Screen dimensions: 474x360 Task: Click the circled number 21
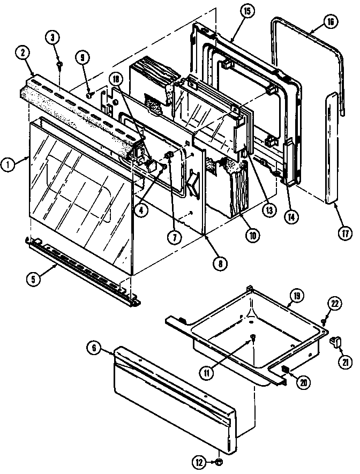tap(342, 362)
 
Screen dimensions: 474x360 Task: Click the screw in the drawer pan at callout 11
tap(251, 337)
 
